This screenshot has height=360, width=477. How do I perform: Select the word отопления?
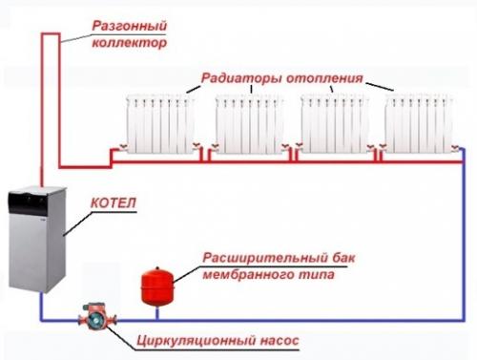pos(323,78)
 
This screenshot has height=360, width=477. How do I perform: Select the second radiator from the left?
pos(251,121)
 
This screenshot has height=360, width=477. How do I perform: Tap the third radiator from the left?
pos(336,121)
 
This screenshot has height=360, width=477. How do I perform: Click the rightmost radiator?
pos(421,121)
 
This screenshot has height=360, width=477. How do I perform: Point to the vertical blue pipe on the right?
pos(463,239)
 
